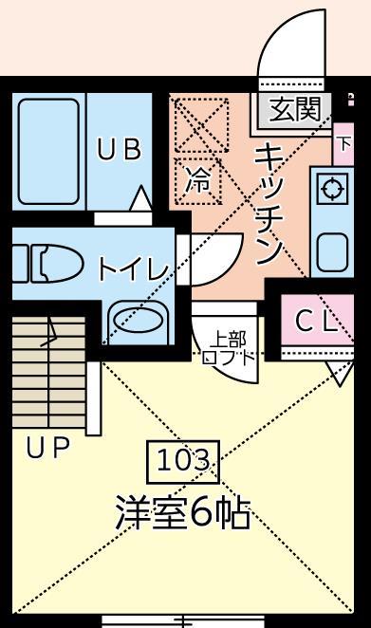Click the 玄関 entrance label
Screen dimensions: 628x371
(x=295, y=110)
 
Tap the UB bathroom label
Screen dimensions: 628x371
(x=119, y=150)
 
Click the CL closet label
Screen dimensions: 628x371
(x=316, y=322)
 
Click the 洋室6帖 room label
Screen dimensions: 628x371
(x=183, y=513)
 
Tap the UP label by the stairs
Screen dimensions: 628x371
(x=47, y=449)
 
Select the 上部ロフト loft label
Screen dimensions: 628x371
(x=228, y=348)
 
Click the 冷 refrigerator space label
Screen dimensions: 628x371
(x=198, y=179)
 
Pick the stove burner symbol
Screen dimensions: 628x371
(x=333, y=189)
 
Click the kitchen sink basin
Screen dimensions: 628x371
(x=333, y=251)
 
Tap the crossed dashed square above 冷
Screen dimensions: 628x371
(x=201, y=122)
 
